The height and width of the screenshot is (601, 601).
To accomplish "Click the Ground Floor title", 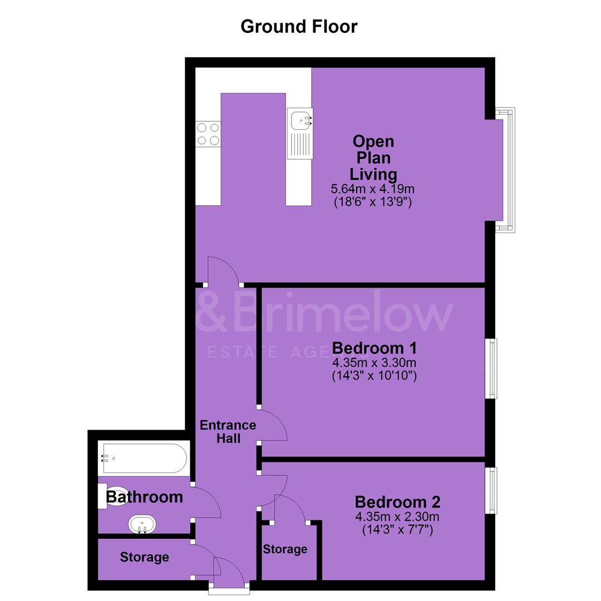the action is [x=299, y=27].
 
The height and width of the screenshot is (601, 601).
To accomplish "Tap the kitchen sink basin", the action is [x=300, y=120].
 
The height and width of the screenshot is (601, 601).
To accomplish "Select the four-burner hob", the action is [x=208, y=134].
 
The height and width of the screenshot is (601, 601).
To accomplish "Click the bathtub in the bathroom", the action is [x=144, y=459].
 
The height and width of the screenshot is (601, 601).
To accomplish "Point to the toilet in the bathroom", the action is [x=113, y=496].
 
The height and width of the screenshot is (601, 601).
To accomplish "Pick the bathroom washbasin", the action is [x=142, y=524].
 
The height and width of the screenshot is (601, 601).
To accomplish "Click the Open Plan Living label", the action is [x=373, y=157].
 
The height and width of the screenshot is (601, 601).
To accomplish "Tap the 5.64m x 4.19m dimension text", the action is [x=372, y=189].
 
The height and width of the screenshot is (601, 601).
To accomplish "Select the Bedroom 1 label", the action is [x=374, y=348].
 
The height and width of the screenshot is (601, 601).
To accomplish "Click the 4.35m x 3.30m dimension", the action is [x=374, y=363].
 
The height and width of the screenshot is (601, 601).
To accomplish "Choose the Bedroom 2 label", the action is [x=397, y=502].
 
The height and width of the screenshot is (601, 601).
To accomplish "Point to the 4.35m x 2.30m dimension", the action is [x=397, y=516].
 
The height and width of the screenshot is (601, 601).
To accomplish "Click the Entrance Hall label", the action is [x=228, y=432].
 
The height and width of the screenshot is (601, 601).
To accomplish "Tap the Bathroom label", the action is [x=145, y=497].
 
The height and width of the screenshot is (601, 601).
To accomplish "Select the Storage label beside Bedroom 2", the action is [x=285, y=549].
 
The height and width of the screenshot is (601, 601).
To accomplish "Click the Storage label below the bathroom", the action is [x=145, y=557].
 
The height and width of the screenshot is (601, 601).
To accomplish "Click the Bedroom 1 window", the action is [x=491, y=368].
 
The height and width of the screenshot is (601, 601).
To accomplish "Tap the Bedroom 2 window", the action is [x=491, y=490].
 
